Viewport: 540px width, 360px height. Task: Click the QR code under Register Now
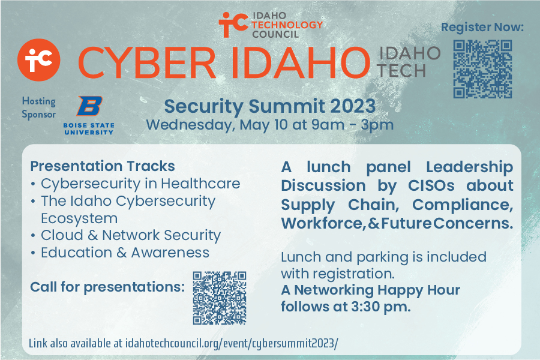tap(482, 69)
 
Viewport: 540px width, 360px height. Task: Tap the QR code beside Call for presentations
tap(220, 298)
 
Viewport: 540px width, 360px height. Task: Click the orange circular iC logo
tap(38, 60)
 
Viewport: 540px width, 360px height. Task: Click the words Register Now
tap(482, 27)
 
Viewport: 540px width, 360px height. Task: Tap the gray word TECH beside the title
tap(402, 70)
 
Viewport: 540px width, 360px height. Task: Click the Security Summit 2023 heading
tap(269, 106)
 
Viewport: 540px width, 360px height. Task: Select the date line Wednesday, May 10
tap(269, 125)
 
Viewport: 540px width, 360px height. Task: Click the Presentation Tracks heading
tap(103, 166)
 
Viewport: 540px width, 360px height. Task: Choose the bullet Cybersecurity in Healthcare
tap(140, 183)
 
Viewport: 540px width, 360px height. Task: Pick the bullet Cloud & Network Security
tap(131, 235)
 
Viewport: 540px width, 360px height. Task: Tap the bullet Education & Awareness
tap(125, 253)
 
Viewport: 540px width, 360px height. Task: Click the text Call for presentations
tap(107, 287)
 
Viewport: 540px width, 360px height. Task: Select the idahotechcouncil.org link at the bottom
tap(232, 343)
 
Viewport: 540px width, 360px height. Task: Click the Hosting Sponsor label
tap(38, 107)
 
